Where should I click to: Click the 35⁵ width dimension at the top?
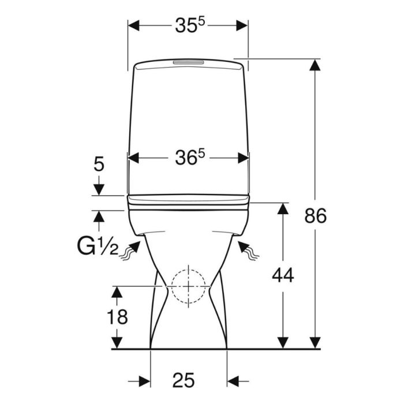pyautogui.click(x=190, y=25)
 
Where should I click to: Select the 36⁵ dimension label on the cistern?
pyautogui.click(x=190, y=158)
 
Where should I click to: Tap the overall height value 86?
pyautogui.click(x=315, y=216)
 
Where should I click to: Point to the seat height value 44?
pyautogui.click(x=283, y=275)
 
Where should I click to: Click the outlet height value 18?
pyautogui.click(x=117, y=317)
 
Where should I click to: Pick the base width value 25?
pyautogui.click(x=184, y=380)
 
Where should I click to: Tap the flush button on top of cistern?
pyautogui.click(x=189, y=62)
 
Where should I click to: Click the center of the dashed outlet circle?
pyautogui.click(x=189, y=286)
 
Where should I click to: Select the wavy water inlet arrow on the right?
pyautogui.click(x=248, y=250)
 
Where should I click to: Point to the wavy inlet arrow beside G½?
pyautogui.click(x=130, y=250)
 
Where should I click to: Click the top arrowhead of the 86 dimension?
pyautogui.click(x=315, y=65)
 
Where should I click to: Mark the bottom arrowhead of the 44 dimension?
pyautogui.click(x=283, y=343)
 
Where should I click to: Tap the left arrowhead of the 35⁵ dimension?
pyautogui.click(x=134, y=25)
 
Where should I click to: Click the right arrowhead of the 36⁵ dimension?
pyautogui.click(x=243, y=158)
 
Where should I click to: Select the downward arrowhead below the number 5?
pyautogui.click(x=99, y=190)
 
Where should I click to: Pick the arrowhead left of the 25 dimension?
pyautogui.click(x=144, y=381)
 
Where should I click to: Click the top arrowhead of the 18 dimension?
pyautogui.click(x=117, y=292)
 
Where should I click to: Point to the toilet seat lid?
pyautogui.click(x=189, y=200)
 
